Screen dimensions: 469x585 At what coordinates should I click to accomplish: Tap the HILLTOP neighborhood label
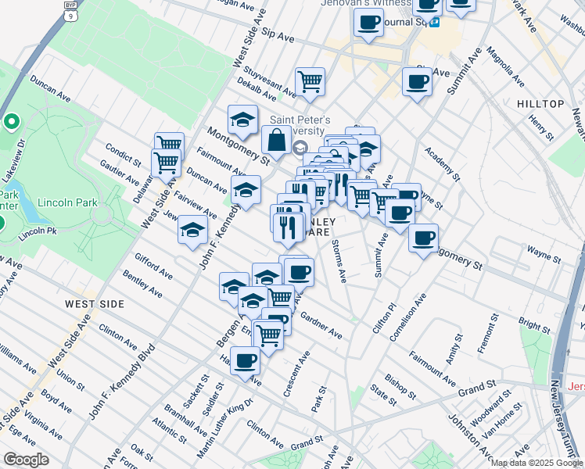[540, 104]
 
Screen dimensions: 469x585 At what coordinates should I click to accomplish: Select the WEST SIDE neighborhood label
[92, 303]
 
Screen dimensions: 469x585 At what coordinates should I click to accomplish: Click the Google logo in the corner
[27, 460]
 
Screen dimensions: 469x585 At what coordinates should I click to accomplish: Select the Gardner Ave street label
[321, 324]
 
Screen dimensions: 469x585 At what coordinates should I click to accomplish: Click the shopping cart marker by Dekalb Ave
[310, 81]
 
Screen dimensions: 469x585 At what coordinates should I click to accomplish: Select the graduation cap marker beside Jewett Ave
[192, 230]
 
